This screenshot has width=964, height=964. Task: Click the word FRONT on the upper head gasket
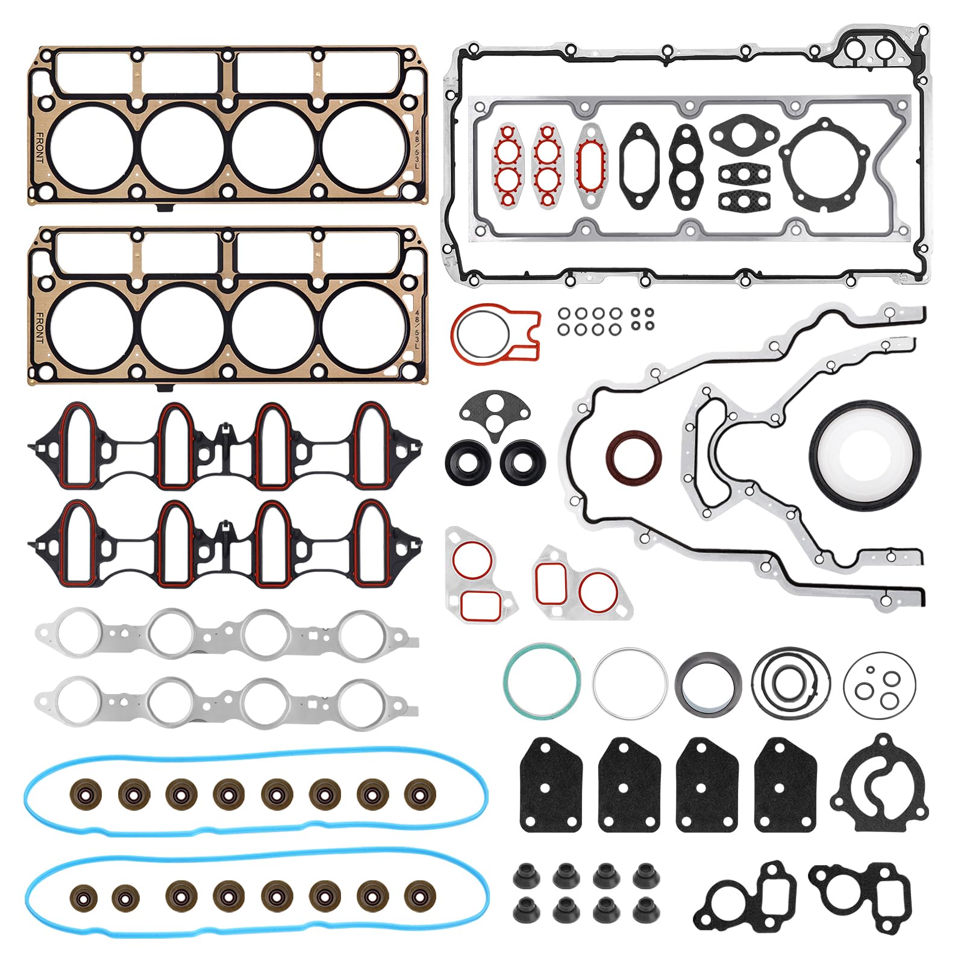coord(40,148)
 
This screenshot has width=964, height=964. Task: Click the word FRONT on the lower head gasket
coord(40,328)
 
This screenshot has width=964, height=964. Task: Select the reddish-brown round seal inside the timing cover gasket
coord(633,456)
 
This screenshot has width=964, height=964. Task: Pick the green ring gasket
coord(542,681)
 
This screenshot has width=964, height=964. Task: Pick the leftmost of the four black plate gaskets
coord(551,786)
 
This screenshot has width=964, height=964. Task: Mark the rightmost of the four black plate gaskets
coord(786,786)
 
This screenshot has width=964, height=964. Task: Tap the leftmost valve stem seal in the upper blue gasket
coord(85,794)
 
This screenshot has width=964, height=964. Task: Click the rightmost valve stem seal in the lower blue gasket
coord(420,896)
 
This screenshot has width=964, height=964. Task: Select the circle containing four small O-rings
coord(879,684)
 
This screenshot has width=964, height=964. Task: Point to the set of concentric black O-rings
coord(790,683)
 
